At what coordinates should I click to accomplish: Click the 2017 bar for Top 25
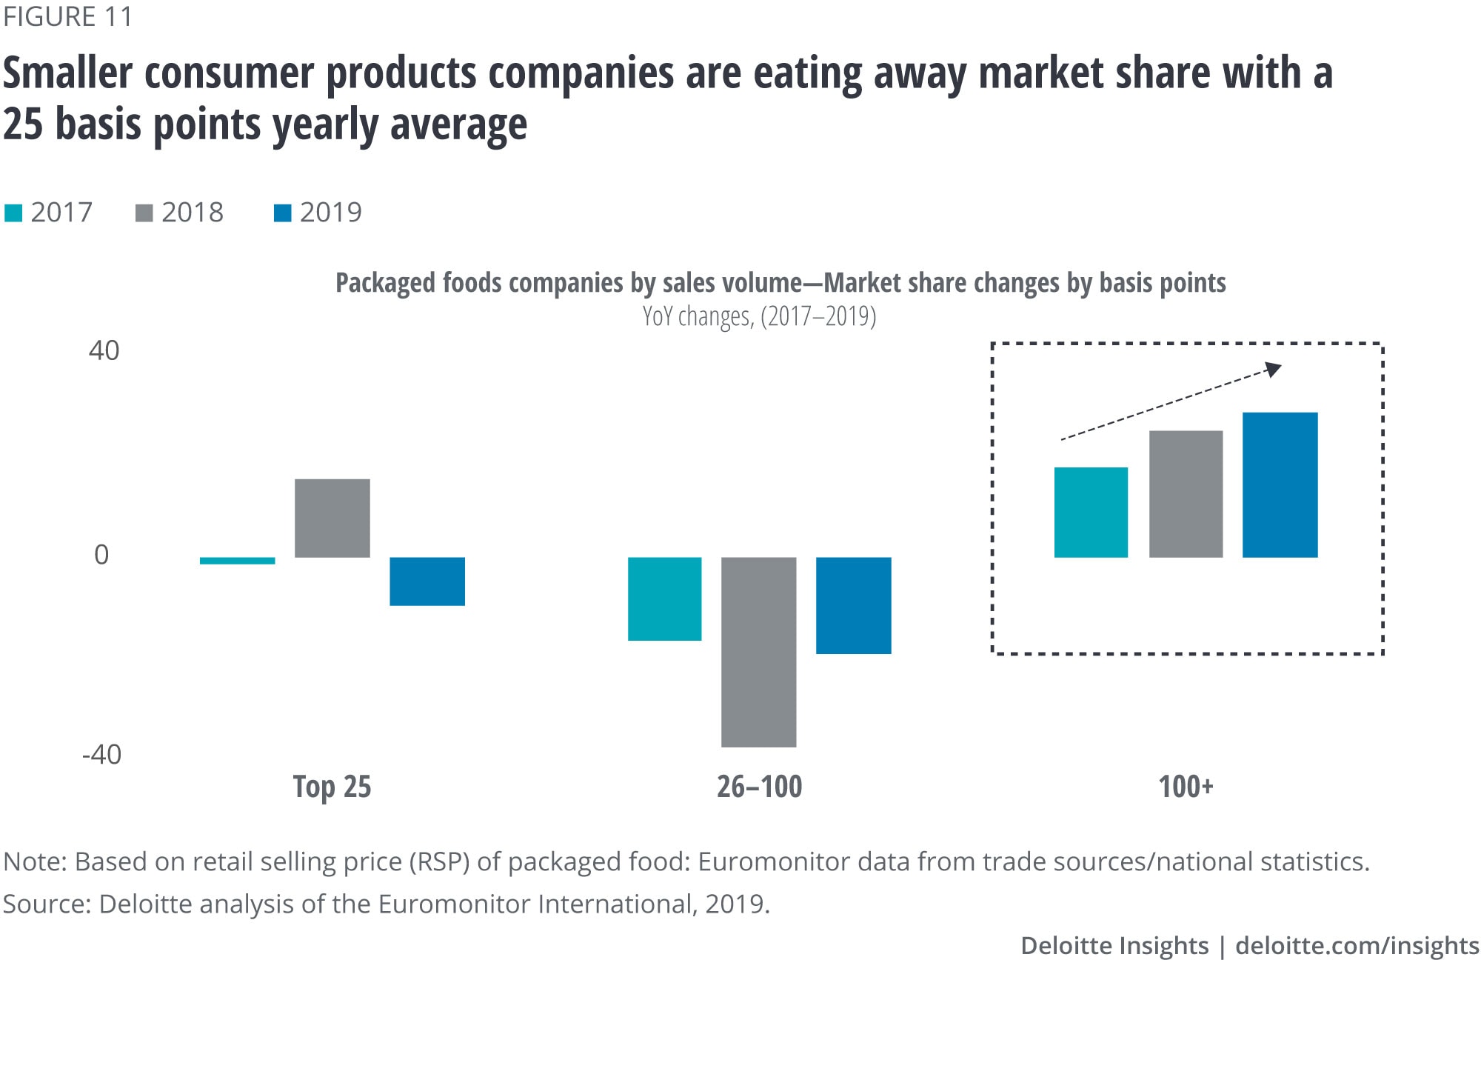coord(237,561)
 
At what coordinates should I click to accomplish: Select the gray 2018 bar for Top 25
coord(332,518)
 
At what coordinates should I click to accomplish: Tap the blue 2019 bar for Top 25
coord(427,581)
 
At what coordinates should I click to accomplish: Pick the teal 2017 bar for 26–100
coord(664,599)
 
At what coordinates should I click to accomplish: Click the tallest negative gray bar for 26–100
coord(758,652)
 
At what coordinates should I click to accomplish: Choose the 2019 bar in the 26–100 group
coord(853,605)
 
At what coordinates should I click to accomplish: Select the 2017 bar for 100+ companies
coord(1091,512)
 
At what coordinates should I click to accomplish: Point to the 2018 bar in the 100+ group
coord(1186,493)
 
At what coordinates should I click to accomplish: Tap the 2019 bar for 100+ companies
coord(1280,484)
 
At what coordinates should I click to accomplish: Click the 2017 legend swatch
coord(13,213)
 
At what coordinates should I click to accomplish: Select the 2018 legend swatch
coord(144,213)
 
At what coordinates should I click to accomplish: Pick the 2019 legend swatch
coord(282,213)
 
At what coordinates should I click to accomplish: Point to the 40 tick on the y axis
coord(104,350)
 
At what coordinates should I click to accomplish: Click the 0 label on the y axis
coord(101,555)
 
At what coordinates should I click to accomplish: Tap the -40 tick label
coord(101,755)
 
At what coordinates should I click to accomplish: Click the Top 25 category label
coord(332,786)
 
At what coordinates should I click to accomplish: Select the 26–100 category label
coord(759,786)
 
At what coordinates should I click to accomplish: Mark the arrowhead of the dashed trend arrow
coord(1273,368)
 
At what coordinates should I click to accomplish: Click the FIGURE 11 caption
coord(67,16)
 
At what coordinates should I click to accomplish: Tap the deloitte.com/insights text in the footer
coord(1357,946)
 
